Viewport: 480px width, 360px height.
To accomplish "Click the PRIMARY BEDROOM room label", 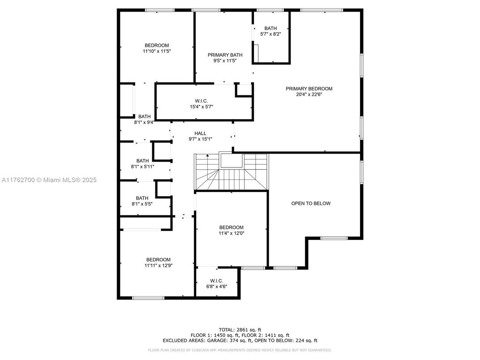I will [x=309, y=89].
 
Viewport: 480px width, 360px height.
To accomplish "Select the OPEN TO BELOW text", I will [x=311, y=203].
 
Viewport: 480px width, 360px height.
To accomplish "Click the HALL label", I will [x=200, y=133].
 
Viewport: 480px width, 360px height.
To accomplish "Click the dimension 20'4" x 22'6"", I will [x=309, y=94].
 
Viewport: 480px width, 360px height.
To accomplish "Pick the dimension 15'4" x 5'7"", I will [x=201, y=107].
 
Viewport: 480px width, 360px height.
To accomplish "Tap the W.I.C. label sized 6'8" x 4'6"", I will [x=216, y=281].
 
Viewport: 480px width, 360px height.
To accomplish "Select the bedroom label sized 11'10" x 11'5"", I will [x=157, y=45].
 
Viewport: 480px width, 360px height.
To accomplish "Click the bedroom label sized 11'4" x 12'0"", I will [x=231, y=227].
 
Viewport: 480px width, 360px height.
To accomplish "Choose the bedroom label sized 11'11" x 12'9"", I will [x=158, y=260].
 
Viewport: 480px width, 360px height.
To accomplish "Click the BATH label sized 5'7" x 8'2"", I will [x=270, y=28].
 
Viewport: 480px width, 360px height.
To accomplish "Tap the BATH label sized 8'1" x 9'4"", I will [x=144, y=116].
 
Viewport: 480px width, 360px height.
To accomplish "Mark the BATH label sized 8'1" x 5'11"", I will [x=142, y=161].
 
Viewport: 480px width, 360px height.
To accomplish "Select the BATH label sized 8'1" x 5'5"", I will [x=142, y=198].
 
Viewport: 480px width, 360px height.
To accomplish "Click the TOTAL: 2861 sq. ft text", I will [x=240, y=330].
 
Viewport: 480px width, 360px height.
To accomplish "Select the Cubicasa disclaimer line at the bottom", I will [x=240, y=350].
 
